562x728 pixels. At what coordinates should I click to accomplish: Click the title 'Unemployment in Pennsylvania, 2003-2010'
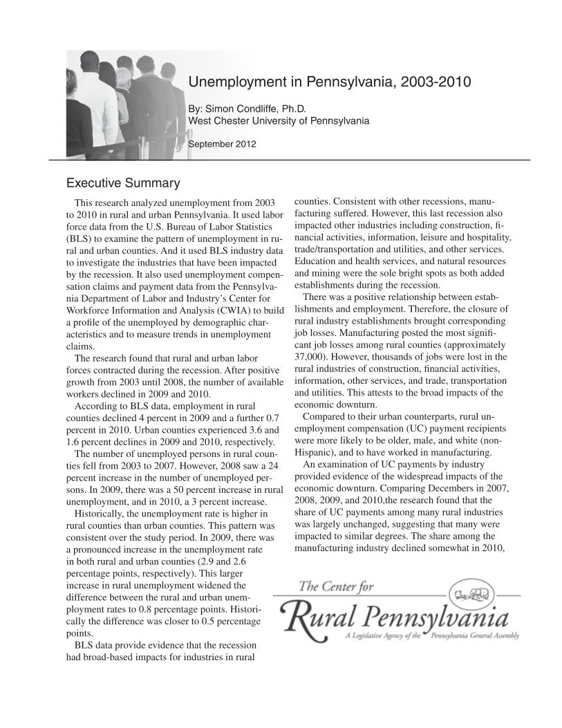point(330,82)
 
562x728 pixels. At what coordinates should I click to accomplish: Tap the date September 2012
point(223,144)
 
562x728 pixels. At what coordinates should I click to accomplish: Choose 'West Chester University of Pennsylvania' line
point(279,121)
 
